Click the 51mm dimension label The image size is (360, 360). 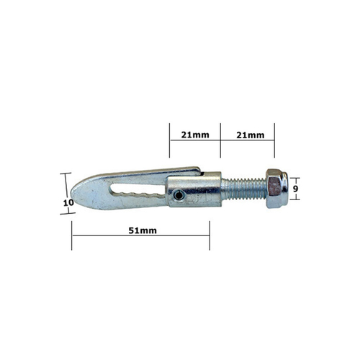[x=143, y=230]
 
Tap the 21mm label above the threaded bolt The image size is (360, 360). [x=251, y=135]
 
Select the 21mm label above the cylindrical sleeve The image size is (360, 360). [x=195, y=135]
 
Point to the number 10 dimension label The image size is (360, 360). [x=68, y=203]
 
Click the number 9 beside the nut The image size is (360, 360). [x=295, y=189]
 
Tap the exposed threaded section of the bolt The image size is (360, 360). [x=243, y=189]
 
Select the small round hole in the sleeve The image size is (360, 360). [x=178, y=196]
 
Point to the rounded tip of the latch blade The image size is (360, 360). [x=71, y=193]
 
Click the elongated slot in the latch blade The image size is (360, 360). [x=137, y=191]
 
